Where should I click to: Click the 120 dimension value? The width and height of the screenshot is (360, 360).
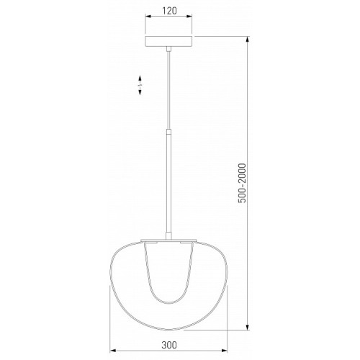[x=169, y=11]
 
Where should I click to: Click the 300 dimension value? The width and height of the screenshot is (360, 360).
[x=169, y=345]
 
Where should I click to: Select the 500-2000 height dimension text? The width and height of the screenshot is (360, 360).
[x=242, y=183]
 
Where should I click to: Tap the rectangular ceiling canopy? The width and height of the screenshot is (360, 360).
[x=168, y=41]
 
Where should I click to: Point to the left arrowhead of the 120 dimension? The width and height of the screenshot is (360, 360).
[x=148, y=17]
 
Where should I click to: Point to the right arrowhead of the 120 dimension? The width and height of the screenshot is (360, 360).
[x=189, y=17]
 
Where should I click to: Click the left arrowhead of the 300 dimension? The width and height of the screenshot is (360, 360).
[x=113, y=351]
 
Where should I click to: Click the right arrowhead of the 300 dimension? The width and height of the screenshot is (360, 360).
[x=224, y=351]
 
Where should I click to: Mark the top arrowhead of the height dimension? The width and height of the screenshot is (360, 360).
[x=248, y=40]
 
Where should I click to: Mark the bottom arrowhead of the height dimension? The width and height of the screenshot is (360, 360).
[x=248, y=327]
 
